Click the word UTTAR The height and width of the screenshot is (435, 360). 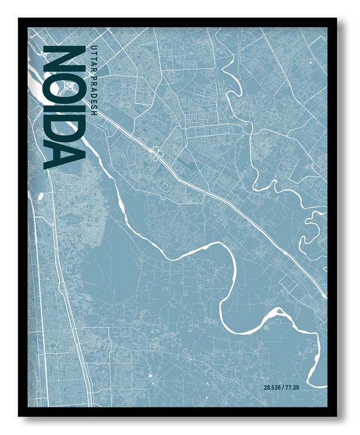(93, 57)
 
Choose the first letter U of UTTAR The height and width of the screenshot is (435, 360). (93, 44)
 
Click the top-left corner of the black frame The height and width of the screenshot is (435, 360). (20, 19)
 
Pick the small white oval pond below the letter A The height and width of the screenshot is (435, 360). (41, 196)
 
